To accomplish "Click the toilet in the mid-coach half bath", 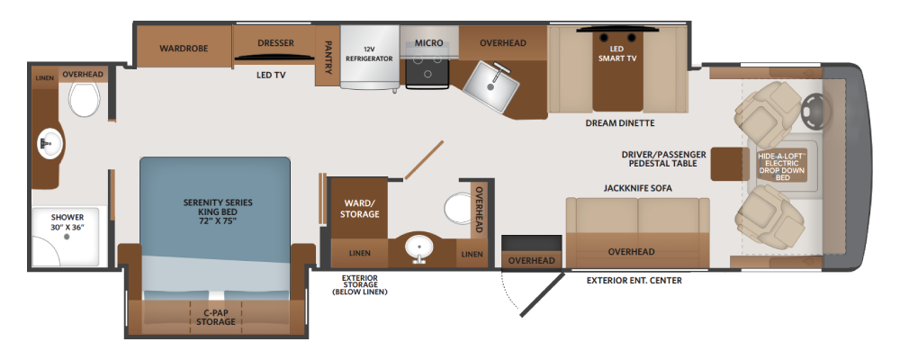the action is tap(457, 209).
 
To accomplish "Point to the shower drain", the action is tap(67, 236).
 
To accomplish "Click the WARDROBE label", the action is tap(184, 49).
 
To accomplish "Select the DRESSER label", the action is tap(275, 43).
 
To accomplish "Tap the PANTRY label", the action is tap(328, 57).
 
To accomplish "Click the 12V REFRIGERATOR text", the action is tap(369, 54).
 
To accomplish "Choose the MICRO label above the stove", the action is tap(428, 43).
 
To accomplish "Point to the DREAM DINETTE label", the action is tap(620, 123).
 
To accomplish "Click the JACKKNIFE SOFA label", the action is tap(638, 188).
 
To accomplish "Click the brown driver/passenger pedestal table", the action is tap(726, 164).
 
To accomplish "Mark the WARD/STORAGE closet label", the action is tap(361, 209).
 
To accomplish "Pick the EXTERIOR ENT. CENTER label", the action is tap(634, 281).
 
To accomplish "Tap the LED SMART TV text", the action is tap(617, 54).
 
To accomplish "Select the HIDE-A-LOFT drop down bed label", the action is tap(783, 166).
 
